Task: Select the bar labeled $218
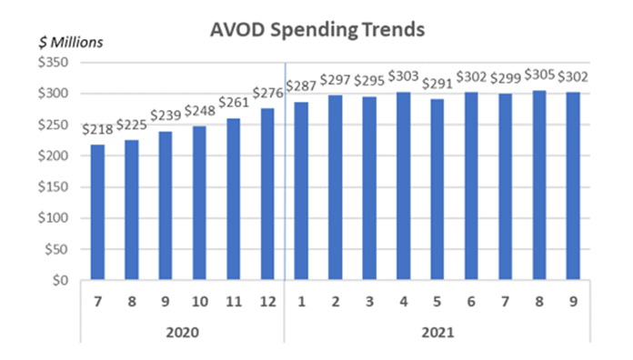click(97, 213)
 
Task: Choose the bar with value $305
click(539, 185)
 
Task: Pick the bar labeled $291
click(437, 190)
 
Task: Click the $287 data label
click(301, 87)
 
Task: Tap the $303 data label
click(403, 77)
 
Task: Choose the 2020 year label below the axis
click(182, 333)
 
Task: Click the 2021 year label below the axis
click(437, 333)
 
